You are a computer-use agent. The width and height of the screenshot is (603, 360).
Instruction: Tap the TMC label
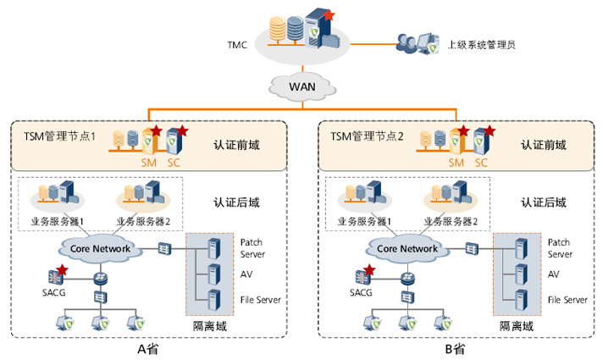pyautogui.click(x=238, y=44)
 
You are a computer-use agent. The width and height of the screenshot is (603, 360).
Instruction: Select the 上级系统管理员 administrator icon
pyautogui.click(x=417, y=42)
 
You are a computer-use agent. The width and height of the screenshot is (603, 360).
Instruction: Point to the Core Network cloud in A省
pyautogui.click(x=99, y=248)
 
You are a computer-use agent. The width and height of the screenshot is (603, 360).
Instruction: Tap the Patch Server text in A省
pyautogui.click(x=252, y=247)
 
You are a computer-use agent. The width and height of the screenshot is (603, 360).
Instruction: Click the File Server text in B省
pyautogui.click(x=567, y=299)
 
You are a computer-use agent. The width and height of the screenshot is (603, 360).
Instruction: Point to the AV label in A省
pyautogui.click(x=246, y=274)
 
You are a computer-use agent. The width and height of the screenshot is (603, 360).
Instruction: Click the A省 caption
pyautogui.click(x=147, y=348)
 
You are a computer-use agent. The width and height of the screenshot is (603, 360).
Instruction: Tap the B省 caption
pyautogui.click(x=456, y=348)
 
